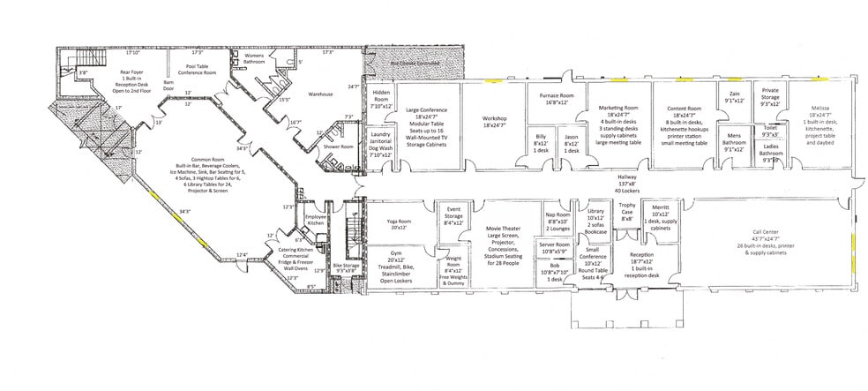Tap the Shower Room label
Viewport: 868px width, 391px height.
[x=338, y=147]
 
